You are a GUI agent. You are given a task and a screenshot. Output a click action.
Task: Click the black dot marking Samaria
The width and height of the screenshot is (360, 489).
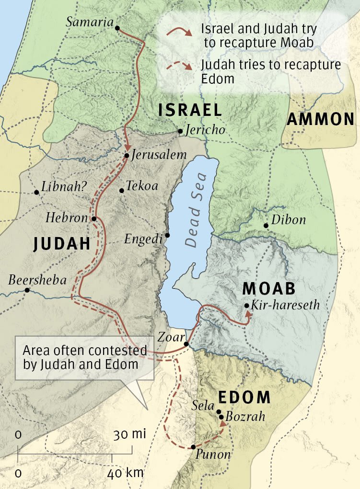117,28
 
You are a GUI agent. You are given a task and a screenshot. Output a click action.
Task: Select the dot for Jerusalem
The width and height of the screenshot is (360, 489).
127,155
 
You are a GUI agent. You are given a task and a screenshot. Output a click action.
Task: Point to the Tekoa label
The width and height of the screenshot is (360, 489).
141,186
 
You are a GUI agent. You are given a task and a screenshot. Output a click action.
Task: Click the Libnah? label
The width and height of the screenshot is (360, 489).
64,187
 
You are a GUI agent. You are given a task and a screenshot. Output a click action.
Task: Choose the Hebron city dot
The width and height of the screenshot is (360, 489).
94,219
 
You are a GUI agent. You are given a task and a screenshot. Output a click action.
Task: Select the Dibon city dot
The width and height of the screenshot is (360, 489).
266,226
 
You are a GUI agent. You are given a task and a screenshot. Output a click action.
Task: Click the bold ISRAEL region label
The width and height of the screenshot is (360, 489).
190,111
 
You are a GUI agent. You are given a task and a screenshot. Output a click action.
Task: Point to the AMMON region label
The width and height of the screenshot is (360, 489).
320,119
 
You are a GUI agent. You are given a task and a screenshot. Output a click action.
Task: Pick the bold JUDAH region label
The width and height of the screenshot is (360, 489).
62,244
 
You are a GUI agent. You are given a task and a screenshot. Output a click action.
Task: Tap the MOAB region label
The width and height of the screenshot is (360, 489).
268,289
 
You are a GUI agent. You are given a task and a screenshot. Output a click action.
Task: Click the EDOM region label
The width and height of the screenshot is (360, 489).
244,398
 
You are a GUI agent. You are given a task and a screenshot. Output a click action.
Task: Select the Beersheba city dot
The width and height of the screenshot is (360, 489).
27,290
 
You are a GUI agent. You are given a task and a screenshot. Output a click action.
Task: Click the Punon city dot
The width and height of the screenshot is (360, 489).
193,447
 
